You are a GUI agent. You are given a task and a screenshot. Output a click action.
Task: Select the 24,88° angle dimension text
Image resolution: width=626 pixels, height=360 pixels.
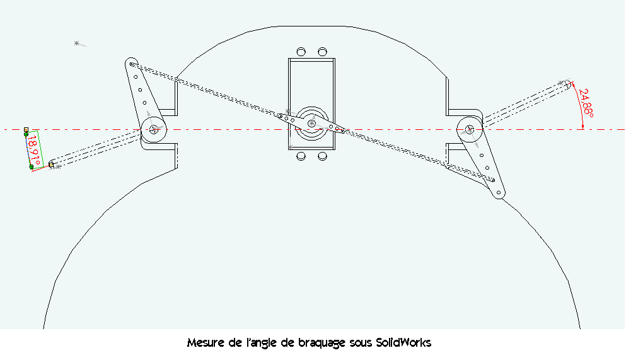586,103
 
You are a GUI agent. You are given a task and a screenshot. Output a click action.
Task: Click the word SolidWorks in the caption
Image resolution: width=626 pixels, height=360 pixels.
403,342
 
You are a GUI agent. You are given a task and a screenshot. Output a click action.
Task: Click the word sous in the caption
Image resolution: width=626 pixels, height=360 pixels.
361,343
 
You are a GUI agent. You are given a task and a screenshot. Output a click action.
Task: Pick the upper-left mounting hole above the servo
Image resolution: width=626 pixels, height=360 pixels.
301,52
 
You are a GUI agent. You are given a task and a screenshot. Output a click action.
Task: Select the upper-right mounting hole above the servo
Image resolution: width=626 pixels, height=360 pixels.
322,52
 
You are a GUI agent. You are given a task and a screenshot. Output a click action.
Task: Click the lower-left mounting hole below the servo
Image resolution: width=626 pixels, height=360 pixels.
301,156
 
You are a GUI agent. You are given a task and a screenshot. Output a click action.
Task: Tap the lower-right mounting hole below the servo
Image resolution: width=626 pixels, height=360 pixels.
322,156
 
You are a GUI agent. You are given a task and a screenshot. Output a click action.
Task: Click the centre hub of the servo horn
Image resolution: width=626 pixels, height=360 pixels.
311,124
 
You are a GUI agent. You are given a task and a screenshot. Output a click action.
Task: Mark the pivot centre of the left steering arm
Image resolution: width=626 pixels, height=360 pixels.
154,129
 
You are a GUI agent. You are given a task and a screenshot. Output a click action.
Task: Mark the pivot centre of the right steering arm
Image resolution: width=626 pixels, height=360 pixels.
470,129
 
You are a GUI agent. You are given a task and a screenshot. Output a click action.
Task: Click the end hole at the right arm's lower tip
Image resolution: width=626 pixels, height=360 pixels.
499,193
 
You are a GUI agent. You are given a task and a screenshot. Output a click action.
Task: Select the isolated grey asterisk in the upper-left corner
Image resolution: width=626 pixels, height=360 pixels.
77,43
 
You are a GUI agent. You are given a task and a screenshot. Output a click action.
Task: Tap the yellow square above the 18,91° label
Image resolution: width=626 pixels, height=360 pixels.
26,130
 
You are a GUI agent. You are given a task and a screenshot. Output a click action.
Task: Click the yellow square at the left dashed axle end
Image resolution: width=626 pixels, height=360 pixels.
51,165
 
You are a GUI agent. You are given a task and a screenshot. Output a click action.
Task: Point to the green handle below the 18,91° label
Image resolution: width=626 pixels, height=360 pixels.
32,167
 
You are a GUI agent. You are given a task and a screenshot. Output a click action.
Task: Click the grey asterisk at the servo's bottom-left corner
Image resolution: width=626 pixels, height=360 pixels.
290,148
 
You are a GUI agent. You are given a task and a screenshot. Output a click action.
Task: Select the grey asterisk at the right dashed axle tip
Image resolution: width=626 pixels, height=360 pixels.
561,83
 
